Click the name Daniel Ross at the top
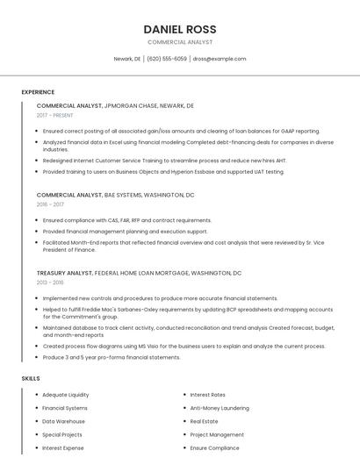click(180, 29)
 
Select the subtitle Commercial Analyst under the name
click(180, 42)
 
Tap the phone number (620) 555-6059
click(167, 59)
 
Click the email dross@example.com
click(220, 59)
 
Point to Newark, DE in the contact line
click(127, 59)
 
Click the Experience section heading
click(38, 91)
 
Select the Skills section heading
click(31, 378)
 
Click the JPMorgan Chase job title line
click(115, 105)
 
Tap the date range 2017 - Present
click(55, 115)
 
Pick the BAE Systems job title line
click(115, 195)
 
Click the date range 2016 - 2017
click(50, 204)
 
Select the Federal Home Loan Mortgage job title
click(139, 273)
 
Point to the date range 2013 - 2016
click(50, 283)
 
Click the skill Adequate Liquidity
click(66, 395)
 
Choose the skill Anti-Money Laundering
click(220, 408)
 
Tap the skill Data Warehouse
click(64, 421)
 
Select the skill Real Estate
click(204, 421)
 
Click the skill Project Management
click(217, 434)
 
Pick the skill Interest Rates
click(207, 395)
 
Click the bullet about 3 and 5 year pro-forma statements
click(112, 357)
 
